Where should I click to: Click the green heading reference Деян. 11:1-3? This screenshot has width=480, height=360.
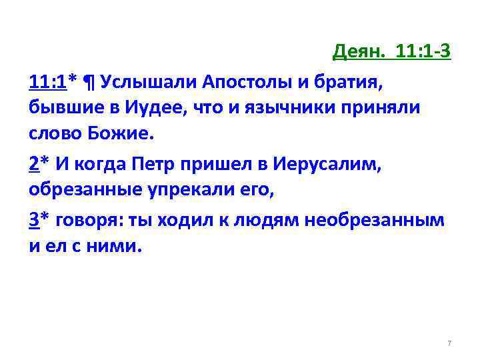392,52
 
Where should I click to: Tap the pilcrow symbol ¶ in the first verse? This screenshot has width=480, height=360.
89,81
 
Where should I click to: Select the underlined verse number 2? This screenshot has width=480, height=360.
34,163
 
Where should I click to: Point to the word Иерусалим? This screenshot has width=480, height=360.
319,163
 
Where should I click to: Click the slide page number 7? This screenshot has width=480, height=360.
449,343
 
